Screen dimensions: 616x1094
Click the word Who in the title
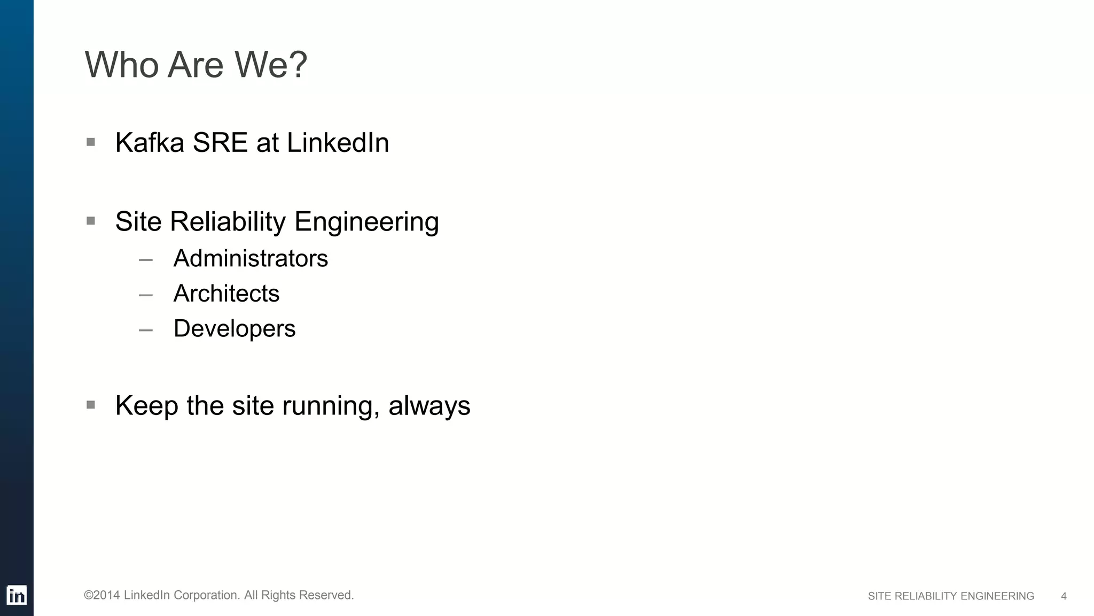tap(122, 65)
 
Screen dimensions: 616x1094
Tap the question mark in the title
tap(298, 65)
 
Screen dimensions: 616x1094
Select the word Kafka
tap(150, 143)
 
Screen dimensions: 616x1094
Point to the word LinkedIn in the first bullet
tap(338, 143)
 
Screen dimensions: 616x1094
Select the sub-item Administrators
tap(251, 259)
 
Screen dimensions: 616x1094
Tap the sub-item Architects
tap(226, 294)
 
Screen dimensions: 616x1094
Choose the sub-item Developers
tap(235, 329)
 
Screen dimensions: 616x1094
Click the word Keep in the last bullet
tap(146, 406)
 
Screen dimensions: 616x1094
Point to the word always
tap(429, 406)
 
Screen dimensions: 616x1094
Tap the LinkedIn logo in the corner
tap(17, 595)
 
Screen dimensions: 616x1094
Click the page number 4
tap(1064, 596)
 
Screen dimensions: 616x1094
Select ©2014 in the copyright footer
tap(101, 595)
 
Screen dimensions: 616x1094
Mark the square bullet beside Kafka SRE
tap(91, 142)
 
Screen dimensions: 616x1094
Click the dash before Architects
tap(145, 295)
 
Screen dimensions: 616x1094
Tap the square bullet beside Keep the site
tap(91, 405)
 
